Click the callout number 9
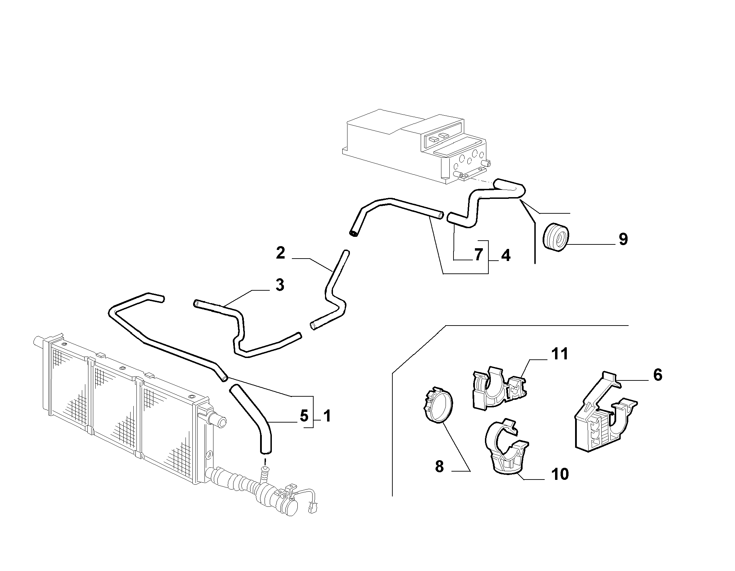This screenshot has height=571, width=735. click(x=623, y=239)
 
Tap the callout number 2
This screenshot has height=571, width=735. click(x=281, y=253)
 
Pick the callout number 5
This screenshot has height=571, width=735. click(x=304, y=416)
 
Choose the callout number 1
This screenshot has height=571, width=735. click(x=327, y=416)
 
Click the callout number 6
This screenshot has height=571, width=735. click(x=658, y=375)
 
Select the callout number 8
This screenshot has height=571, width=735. click(x=439, y=467)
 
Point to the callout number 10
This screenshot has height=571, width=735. click(x=560, y=474)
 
